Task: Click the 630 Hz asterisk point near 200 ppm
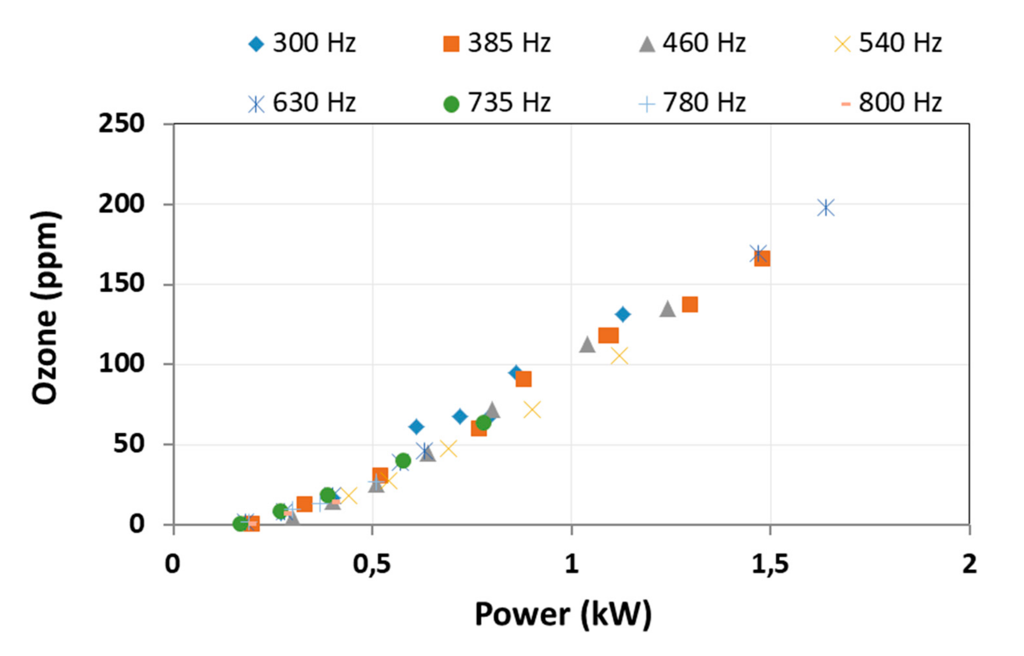826,208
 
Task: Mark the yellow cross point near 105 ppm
619,356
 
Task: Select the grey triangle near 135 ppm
667,309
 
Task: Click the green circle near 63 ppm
483,423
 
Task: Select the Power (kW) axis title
563,615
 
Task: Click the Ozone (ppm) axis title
45,308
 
